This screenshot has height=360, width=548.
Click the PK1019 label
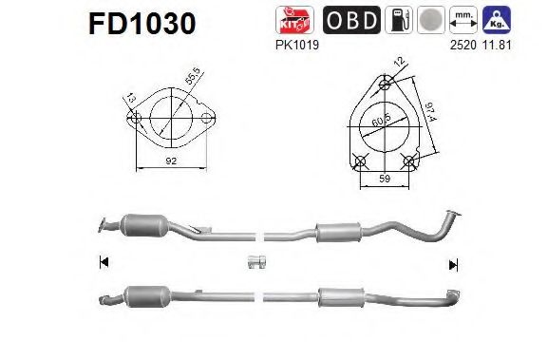[294, 42]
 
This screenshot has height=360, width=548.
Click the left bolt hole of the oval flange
[136, 121]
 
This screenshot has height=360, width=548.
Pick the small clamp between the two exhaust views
[255, 262]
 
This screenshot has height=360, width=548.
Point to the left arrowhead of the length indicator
[104, 262]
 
